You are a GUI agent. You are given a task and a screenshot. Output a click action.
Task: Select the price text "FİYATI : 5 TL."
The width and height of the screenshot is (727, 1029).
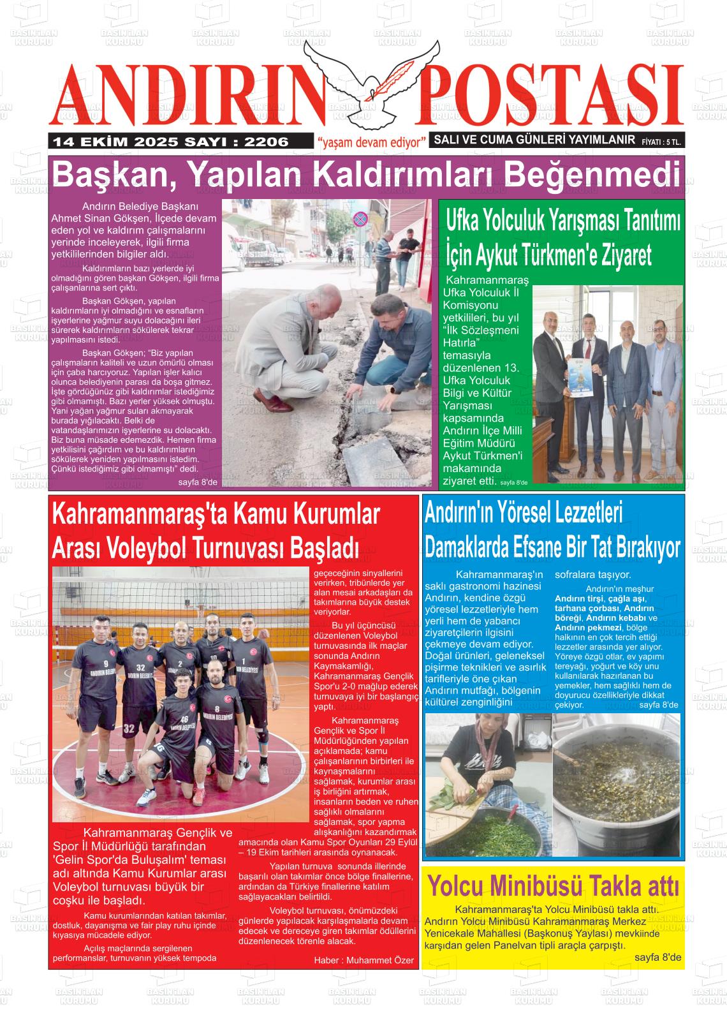661,143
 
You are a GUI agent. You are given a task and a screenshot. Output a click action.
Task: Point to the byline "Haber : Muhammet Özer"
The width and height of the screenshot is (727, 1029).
363,959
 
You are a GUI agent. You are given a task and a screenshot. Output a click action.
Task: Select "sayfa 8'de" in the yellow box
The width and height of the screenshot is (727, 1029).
657,958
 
